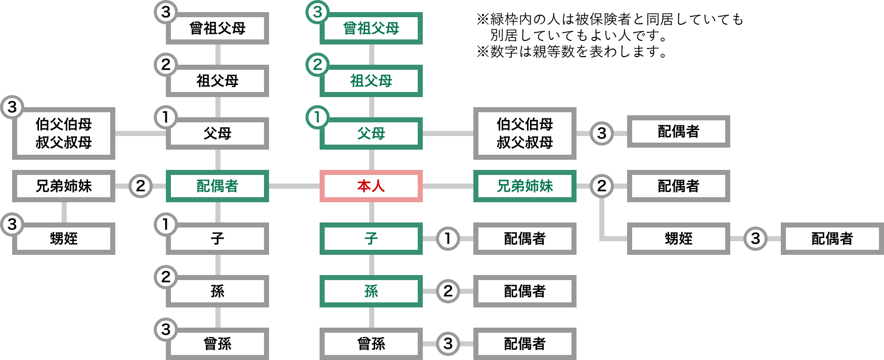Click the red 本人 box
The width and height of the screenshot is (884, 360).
tap(371, 186)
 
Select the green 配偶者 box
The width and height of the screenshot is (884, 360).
tap(217, 186)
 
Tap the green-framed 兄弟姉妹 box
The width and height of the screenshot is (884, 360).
tap(524, 186)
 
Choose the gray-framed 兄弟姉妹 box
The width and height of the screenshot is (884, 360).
tap(64, 186)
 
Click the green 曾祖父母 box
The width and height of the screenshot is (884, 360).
tap(371, 28)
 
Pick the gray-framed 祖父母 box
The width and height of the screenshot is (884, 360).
tap(217, 81)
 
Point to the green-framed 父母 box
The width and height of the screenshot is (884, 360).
tap(371, 133)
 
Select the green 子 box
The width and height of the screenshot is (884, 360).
tap(371, 239)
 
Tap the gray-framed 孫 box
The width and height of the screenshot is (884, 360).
tap(217, 291)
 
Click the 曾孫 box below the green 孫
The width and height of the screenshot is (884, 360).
tap(371, 344)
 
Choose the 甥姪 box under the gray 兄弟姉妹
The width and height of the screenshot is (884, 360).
tap(64, 239)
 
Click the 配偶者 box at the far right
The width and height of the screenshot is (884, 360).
tap(832, 239)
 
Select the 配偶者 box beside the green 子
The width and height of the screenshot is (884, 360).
tap(524, 239)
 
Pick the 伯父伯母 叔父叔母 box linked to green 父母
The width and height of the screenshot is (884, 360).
tap(524, 133)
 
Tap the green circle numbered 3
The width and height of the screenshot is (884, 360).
tap(318, 12)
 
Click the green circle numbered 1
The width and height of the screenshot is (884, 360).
tap(318, 117)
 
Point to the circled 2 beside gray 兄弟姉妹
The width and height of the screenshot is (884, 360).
tap(141, 186)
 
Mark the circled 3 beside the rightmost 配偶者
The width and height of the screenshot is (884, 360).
tap(755, 239)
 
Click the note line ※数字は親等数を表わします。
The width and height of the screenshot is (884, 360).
tap(571, 52)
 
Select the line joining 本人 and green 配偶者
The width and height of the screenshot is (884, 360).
tap(294, 186)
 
